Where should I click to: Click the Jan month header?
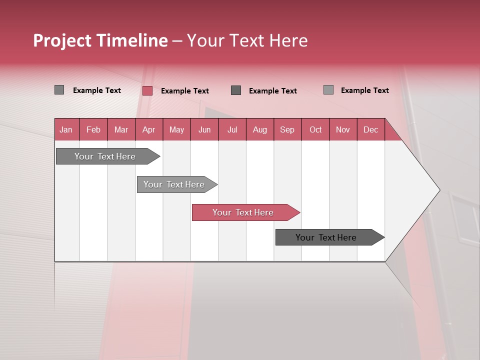(66, 129)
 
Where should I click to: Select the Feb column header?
(93, 129)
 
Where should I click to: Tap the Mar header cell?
(121, 129)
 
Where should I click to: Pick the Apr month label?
(148, 129)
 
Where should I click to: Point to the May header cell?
(176, 129)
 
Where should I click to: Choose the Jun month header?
(204, 129)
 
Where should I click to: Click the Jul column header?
(232, 129)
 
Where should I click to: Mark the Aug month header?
(259, 129)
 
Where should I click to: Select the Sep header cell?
(287, 129)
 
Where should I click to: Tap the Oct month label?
(315, 129)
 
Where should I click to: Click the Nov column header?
(343, 129)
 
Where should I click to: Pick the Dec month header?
(370, 129)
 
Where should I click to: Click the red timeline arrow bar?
(243, 212)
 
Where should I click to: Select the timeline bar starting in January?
(105, 156)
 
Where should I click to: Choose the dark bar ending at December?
(326, 237)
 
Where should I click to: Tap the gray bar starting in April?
(174, 184)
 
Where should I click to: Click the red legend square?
(147, 90)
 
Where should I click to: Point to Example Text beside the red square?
(185, 91)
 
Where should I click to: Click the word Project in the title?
(62, 40)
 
